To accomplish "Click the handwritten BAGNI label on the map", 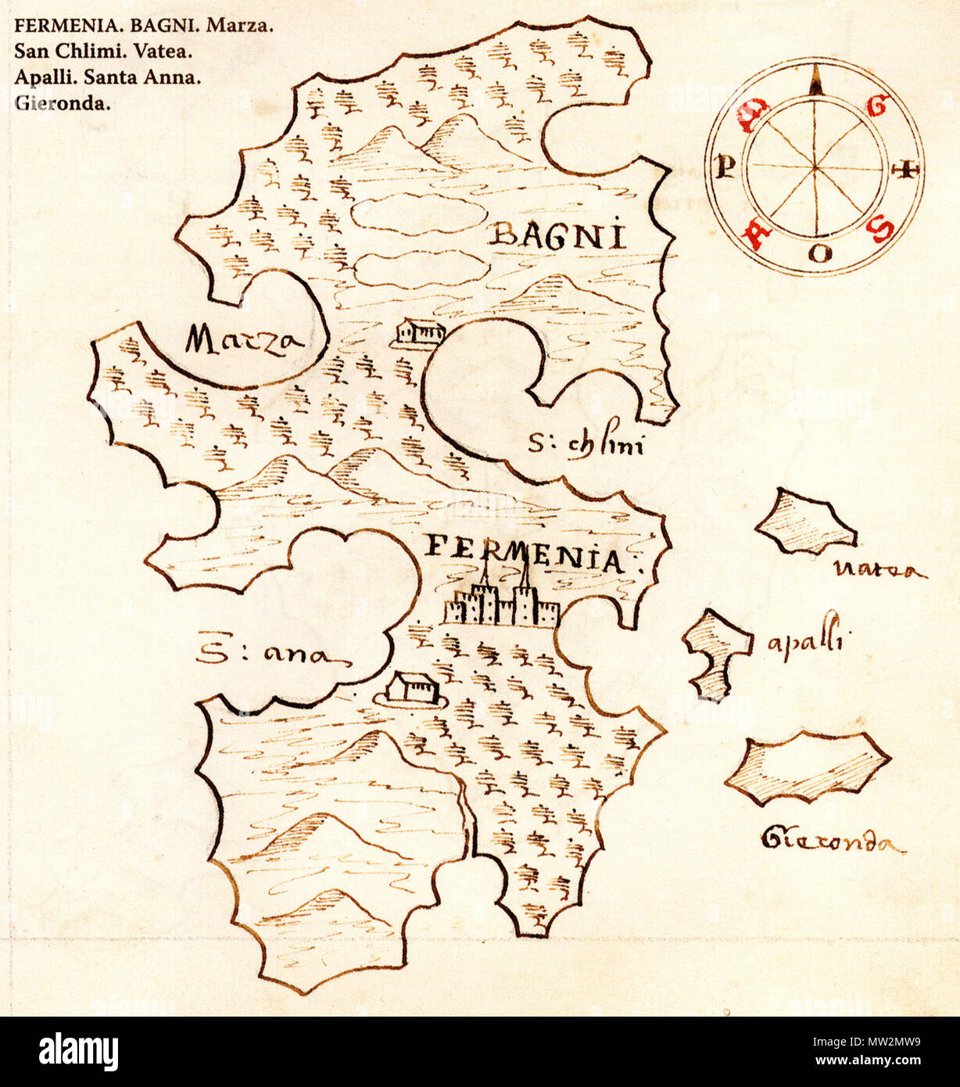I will (x=557, y=235).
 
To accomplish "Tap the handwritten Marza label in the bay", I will (x=244, y=341).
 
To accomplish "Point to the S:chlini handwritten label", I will (x=586, y=446).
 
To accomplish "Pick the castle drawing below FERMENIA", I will (x=501, y=601).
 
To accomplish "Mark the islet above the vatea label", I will (x=805, y=522).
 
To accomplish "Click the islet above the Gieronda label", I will (x=807, y=768).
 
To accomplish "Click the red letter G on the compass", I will (x=879, y=106).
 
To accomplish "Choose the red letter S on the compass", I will (x=882, y=229).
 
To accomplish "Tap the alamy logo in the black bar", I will (x=78, y=1052).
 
